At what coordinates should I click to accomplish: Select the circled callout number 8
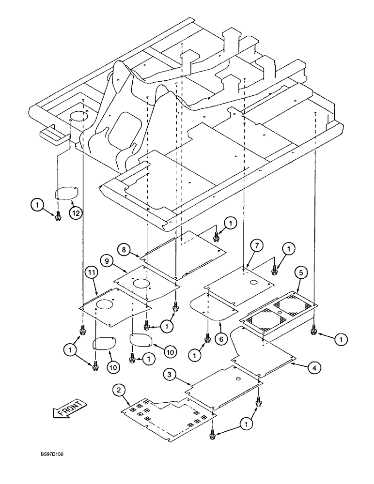tap(125, 250)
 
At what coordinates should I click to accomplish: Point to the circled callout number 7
tap(257, 246)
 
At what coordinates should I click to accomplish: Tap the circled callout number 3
tap(169, 374)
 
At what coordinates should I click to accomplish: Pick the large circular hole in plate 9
tap(140, 283)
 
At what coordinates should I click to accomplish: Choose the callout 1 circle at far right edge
tap(341, 341)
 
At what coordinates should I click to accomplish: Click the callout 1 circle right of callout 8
tap(231, 223)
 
